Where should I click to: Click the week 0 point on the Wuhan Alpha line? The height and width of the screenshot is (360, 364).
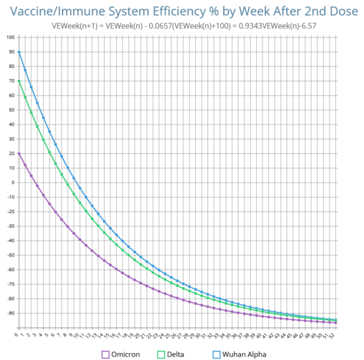19,52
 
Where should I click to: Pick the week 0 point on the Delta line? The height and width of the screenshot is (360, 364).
19,81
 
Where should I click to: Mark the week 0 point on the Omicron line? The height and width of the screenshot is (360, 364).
19,153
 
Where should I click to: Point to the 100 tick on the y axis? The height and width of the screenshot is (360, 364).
11,38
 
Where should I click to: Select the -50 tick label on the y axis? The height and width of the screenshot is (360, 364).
11,255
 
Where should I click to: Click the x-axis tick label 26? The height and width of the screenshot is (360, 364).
176,337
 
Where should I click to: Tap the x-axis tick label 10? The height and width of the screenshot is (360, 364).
79,337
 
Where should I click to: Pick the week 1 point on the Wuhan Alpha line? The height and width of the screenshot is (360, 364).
25,70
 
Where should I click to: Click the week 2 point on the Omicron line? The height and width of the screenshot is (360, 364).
31,175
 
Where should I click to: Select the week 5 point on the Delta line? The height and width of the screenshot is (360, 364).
49,152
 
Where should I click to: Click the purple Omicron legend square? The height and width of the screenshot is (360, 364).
105,354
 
